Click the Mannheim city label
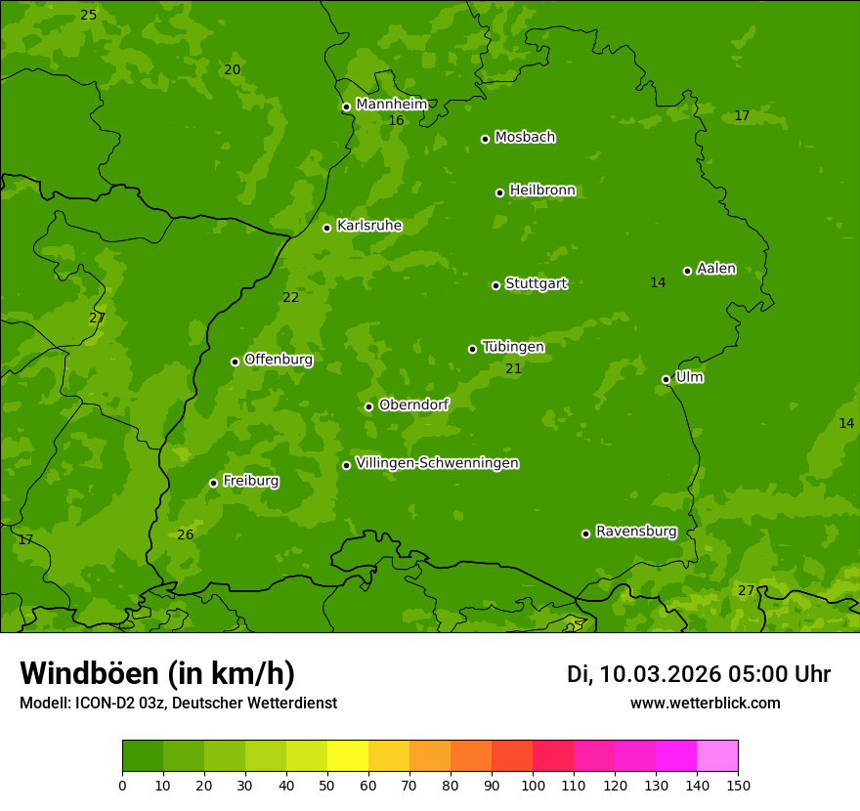pos(391,105)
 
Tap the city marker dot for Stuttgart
pos(495,285)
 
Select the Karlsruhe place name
pos(369,226)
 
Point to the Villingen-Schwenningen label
pos(437,463)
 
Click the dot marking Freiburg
pos(213,483)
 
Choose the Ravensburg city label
pos(636,532)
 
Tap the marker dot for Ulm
pos(666,379)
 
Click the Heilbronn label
pos(542,191)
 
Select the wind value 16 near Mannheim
pos(396,121)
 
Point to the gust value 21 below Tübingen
pos(513,369)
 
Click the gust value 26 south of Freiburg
pos(185,534)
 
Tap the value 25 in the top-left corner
pos(88,16)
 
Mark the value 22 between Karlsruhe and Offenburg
pos(290,298)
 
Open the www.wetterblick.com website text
pos(705,703)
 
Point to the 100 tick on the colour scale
pos(533,785)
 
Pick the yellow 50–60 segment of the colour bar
pos(348,756)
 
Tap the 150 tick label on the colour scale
pos(738,785)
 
